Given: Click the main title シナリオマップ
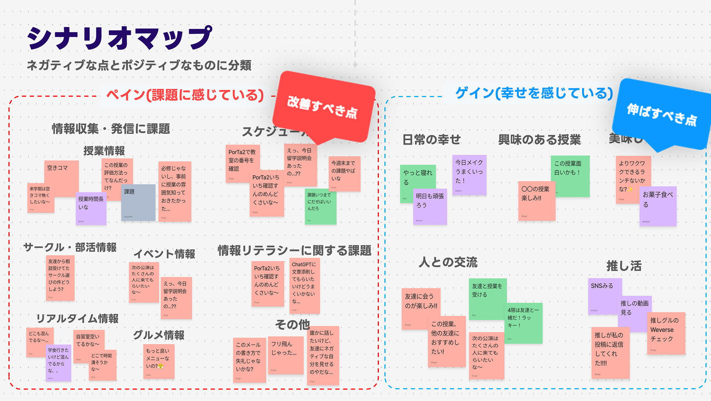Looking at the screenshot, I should (119, 38).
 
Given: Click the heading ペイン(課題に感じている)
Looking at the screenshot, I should (185, 95).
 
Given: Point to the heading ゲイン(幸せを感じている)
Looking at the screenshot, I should (534, 93).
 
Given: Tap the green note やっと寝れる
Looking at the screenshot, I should (418, 178).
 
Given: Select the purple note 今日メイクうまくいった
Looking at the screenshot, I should (469, 175).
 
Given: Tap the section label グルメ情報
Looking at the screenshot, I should (158, 335).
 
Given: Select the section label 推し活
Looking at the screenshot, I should (624, 266).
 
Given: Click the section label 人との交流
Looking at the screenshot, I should (448, 262).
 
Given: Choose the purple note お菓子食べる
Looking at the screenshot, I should (658, 206).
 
